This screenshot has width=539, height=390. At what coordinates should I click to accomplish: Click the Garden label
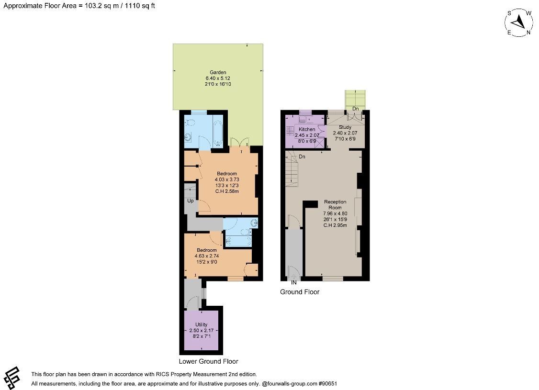coord(218,72)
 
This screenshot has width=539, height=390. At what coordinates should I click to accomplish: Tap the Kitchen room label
coord(307,129)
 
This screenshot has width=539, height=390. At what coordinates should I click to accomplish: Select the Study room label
coord(345,127)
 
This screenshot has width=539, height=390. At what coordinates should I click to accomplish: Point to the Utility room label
coord(202,324)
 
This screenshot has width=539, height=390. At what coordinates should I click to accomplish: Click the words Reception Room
coord(335,204)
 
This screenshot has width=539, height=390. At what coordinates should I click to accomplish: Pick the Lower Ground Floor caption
coord(208,361)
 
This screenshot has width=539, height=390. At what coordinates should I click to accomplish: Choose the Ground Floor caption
coord(300,292)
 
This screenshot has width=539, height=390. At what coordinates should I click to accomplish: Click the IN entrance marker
coord(294,282)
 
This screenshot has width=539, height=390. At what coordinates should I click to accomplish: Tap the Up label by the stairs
coord(191,201)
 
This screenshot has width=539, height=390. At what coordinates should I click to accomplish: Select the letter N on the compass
coord(528,33)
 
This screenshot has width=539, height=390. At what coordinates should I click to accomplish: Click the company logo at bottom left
coord(11,378)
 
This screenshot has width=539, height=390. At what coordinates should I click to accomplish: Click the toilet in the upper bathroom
coord(190,123)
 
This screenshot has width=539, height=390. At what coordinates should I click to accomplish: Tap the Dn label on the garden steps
coord(356,109)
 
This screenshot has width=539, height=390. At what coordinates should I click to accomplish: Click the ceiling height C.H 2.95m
coord(335,225)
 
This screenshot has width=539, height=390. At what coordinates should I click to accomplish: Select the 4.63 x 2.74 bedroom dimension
coord(207,256)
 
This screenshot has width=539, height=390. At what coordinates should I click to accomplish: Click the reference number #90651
coord(327,383)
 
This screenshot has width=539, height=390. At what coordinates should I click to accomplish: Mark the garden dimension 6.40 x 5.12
coord(218,78)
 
